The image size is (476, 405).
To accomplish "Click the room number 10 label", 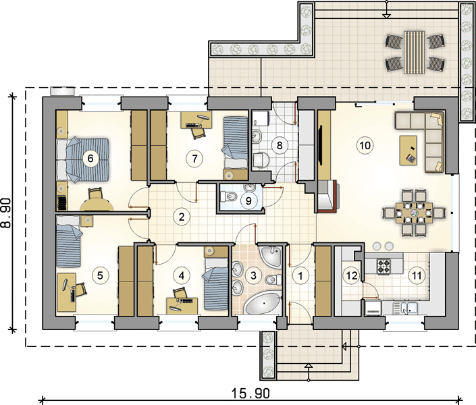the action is click(365, 145).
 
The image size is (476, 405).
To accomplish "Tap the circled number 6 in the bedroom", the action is click(90, 158).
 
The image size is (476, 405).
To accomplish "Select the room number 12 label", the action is click(352, 275).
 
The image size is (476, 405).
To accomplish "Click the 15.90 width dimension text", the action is click(250, 394).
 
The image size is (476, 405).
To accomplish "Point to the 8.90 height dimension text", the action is click(6, 212).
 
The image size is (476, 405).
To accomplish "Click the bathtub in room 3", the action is click(263, 303).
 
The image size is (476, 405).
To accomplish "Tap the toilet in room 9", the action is click(228, 196).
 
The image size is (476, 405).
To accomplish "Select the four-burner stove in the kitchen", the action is click(384, 266).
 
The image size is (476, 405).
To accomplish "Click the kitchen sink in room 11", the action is click(405, 308).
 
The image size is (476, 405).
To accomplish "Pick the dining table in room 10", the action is click(414, 213).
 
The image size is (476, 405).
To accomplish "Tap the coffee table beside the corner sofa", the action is click(408, 151).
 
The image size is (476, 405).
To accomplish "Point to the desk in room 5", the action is click(66, 292).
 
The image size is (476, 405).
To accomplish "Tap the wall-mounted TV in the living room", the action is click(320, 146).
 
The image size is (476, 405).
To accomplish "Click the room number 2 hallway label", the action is click(182, 217).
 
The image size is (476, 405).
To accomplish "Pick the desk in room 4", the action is click(182, 305).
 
